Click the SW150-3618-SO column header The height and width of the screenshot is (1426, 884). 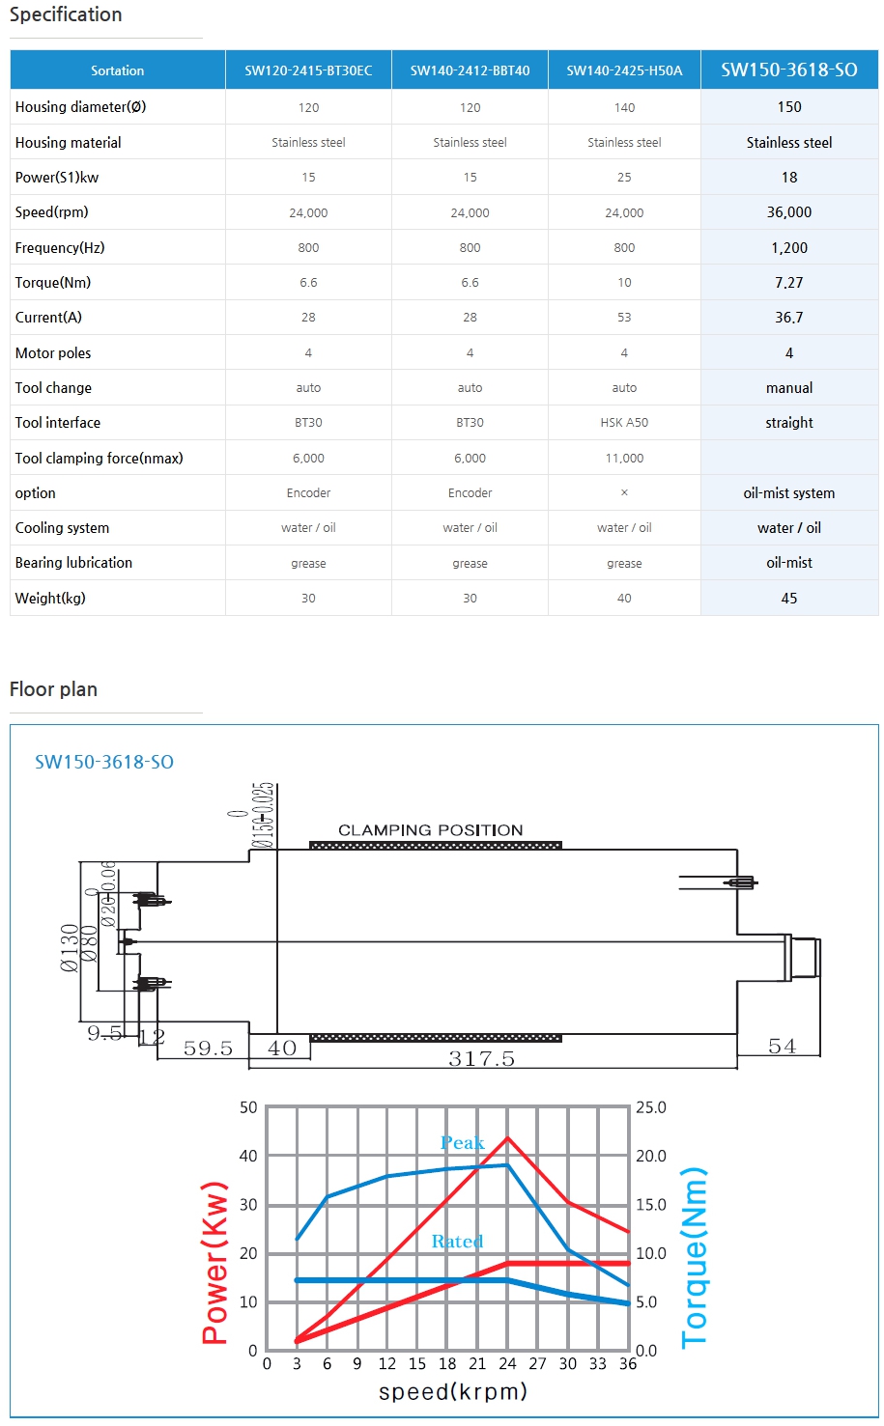point(788,70)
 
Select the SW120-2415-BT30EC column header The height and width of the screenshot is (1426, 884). point(308,70)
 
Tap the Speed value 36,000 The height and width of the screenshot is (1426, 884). point(788,212)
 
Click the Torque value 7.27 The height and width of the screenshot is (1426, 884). point(788,283)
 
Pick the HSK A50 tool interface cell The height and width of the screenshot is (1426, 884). point(624,423)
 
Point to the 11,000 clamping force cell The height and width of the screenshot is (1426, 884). point(624,459)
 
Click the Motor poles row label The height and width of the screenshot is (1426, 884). point(53,353)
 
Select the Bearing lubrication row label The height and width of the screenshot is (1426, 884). point(73,563)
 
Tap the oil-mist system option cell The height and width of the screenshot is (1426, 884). point(788,493)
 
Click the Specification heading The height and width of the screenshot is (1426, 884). point(66,14)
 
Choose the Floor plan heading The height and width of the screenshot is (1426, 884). point(53,689)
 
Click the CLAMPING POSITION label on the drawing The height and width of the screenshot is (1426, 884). point(430,830)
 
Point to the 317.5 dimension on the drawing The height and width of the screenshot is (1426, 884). point(481,1059)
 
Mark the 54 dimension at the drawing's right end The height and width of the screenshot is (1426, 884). point(782,1047)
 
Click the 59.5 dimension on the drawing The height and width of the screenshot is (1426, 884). point(208,1049)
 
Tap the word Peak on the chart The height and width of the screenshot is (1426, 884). point(462,1143)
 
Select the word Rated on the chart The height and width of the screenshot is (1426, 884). point(457,1242)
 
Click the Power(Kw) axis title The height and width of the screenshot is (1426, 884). point(214,1263)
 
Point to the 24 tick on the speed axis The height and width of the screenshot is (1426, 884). point(507,1364)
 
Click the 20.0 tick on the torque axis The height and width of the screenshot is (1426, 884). point(650,1157)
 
